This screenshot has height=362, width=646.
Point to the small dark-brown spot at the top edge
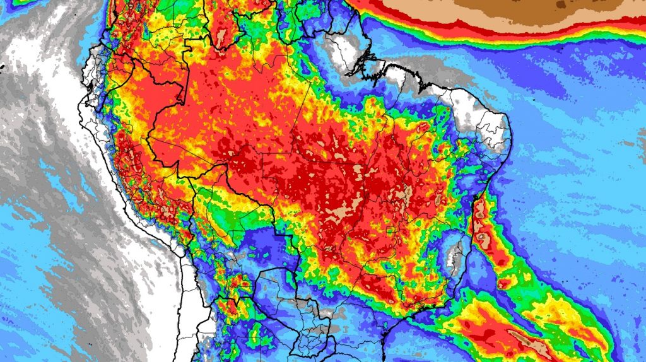[x=560, y=4]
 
